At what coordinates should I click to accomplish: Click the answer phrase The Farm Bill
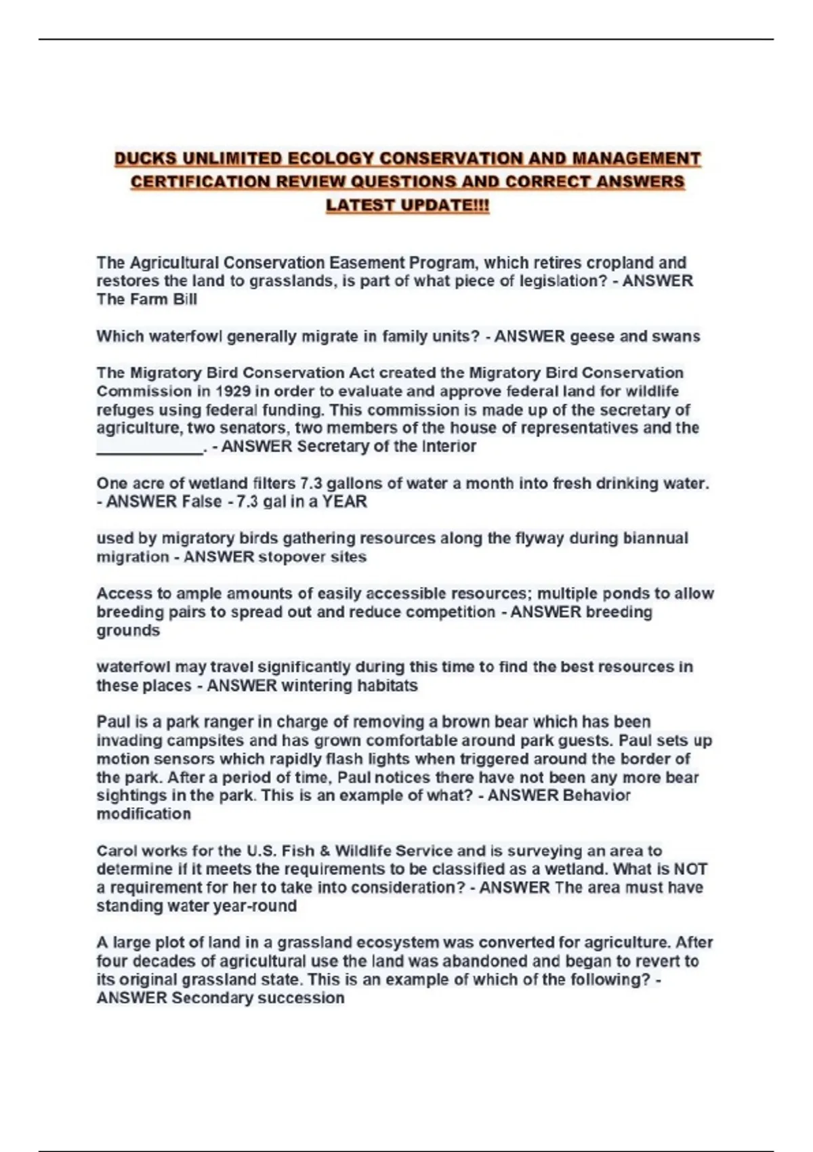pyautogui.click(x=146, y=299)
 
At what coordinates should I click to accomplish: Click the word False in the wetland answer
pyautogui.click(x=202, y=501)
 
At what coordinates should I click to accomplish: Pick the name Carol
pyautogui.click(x=117, y=850)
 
